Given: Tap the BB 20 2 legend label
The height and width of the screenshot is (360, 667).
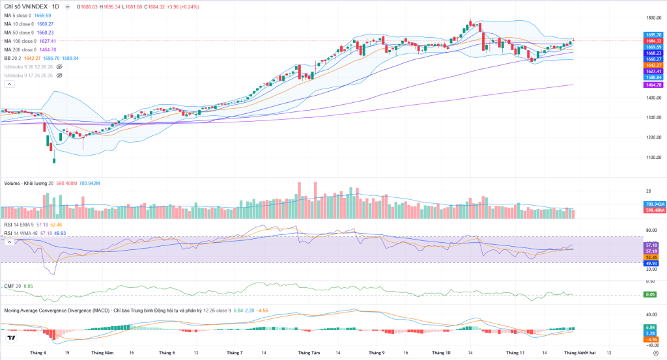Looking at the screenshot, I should click(x=12, y=58).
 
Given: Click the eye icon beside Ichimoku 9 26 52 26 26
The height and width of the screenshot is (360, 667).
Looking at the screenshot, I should click(x=59, y=66).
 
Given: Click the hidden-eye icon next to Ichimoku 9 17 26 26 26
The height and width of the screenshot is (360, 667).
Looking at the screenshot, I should click(x=59, y=76).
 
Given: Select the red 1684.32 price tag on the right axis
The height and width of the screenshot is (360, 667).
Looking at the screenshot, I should click(x=653, y=41).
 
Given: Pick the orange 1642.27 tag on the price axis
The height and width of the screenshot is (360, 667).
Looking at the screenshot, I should click(x=653, y=65).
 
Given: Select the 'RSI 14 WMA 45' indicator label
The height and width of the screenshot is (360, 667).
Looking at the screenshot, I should click(x=20, y=232).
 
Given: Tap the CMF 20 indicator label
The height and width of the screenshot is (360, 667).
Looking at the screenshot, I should click(x=12, y=286).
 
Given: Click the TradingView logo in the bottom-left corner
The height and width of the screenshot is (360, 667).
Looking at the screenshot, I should click(x=11, y=338).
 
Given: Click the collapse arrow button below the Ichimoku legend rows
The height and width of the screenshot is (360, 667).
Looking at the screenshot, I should click(x=9, y=84).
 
